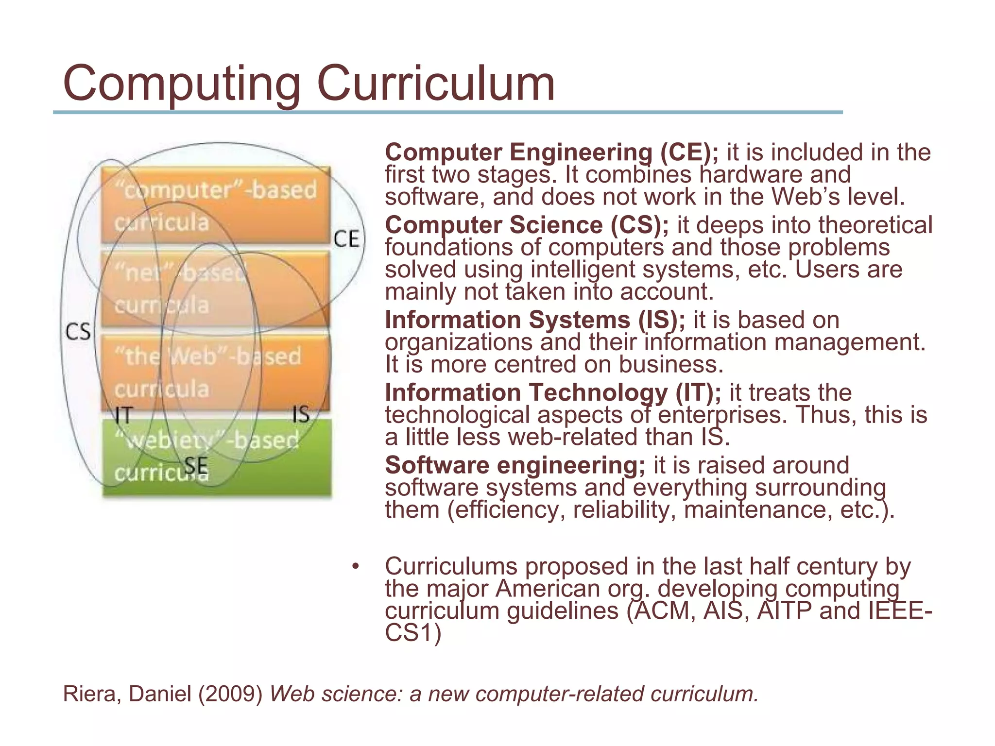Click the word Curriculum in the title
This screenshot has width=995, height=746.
click(436, 84)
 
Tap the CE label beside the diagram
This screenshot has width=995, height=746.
click(347, 239)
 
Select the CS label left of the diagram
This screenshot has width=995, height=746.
click(78, 332)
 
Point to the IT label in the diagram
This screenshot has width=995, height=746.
click(123, 415)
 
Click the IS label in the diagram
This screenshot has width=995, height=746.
click(301, 414)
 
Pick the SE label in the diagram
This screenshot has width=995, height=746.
click(196, 466)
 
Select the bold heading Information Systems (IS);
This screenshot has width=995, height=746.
click(535, 320)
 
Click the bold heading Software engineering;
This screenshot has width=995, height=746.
click(515, 465)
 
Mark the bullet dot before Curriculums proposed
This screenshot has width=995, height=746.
click(356, 566)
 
